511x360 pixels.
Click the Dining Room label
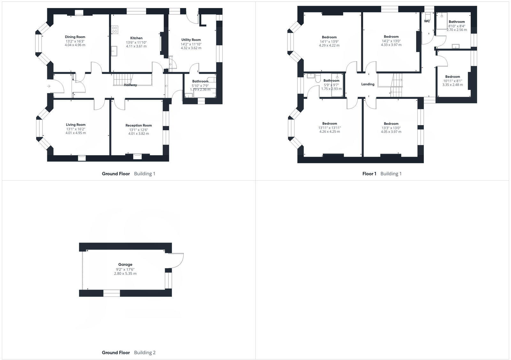point(75,37)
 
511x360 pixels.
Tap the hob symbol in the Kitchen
point(115,30)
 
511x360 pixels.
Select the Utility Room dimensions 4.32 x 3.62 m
point(191,48)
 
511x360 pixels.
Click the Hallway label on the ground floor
point(130,85)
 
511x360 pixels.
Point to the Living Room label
point(76,125)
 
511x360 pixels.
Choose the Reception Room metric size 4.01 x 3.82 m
point(138,134)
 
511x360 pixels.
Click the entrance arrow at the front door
point(49,86)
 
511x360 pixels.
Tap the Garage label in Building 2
point(125,265)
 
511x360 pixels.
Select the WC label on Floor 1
point(427,21)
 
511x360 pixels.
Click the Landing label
point(368,84)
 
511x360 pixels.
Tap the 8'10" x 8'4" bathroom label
point(456,22)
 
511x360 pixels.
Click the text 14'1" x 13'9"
point(329,41)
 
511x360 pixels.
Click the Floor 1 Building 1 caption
point(382,174)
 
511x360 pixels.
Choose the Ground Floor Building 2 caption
point(128,353)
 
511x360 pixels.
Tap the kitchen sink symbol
point(114,51)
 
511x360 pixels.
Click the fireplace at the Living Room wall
point(81,157)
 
